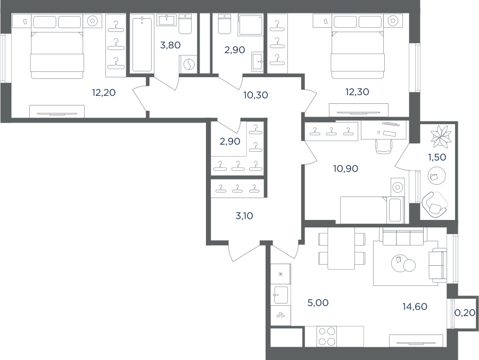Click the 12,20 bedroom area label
(x=104, y=92)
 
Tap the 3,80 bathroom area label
(x=170, y=45)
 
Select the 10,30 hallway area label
(x=255, y=95)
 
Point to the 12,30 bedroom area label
(x=357, y=92)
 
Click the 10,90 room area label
(x=346, y=168)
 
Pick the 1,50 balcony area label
(x=437, y=157)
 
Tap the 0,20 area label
(x=465, y=312)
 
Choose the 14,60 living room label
(x=415, y=306)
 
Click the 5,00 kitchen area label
(x=318, y=303)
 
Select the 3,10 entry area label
(x=244, y=216)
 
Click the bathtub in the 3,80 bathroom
(x=142, y=44)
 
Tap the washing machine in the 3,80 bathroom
(x=188, y=64)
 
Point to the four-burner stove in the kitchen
(x=327, y=337)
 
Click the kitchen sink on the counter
(x=280, y=295)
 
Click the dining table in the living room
(x=341, y=248)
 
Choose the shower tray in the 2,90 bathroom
(x=251, y=24)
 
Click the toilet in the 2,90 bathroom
(x=224, y=24)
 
